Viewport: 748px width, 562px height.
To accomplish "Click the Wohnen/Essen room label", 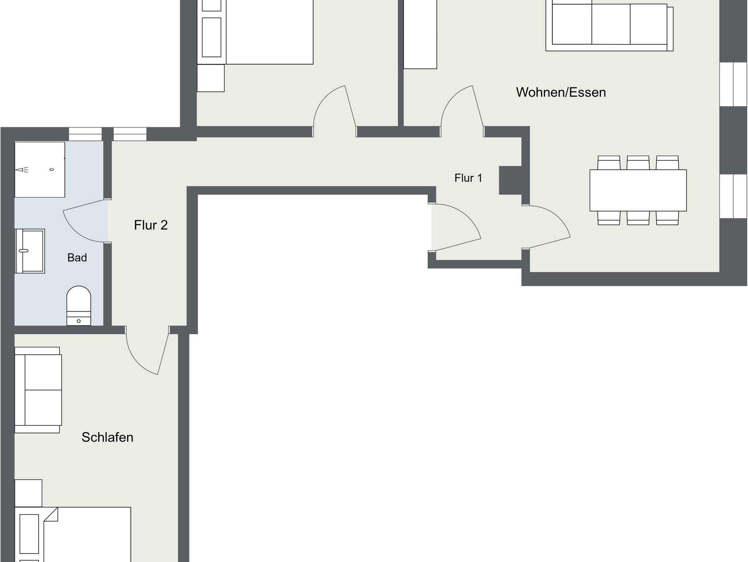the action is click(561, 92).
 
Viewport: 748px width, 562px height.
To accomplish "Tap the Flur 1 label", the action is click(468, 178).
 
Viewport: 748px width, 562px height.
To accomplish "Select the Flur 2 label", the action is click(151, 225).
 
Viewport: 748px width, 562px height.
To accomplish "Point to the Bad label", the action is click(77, 258).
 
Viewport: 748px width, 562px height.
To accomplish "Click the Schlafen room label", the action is click(107, 437).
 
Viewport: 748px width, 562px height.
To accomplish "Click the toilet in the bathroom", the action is click(79, 305).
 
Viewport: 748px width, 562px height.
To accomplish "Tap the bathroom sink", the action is click(30, 251).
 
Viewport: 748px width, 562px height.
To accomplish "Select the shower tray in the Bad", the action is click(40, 170).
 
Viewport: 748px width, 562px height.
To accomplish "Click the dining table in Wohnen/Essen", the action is click(638, 190).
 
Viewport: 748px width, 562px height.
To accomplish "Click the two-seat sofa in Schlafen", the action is click(38, 390).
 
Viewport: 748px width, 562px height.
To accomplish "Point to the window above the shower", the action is click(85, 134).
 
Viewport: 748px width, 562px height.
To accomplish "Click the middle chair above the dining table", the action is click(638, 163).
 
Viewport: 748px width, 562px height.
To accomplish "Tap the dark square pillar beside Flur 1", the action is click(510, 180).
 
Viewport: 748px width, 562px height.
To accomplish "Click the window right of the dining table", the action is click(733, 196).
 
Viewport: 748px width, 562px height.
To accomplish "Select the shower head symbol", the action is click(22, 170).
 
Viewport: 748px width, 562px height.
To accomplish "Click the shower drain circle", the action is click(51, 170).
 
